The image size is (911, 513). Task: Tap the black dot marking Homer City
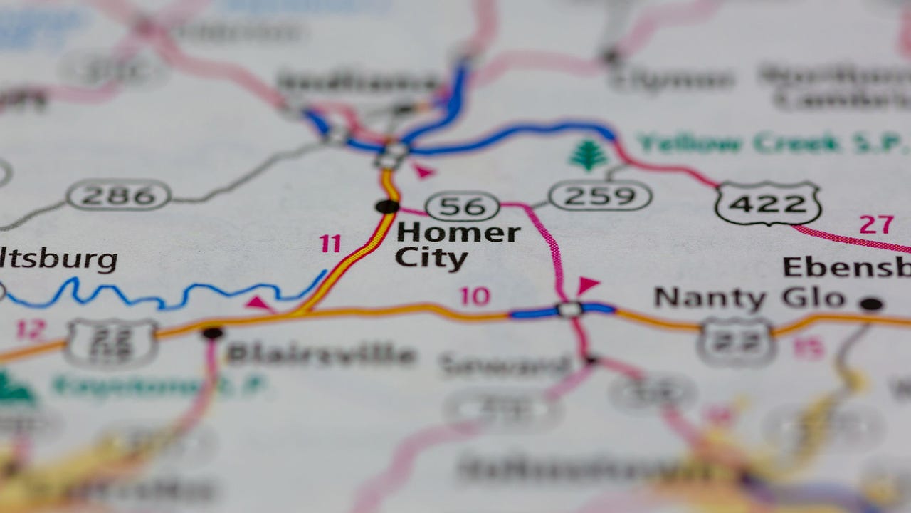387,207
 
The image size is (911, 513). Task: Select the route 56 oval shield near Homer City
463,207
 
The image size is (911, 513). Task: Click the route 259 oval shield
600,195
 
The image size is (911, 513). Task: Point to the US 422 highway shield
769,204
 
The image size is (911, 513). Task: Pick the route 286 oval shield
118,195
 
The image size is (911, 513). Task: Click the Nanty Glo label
749,298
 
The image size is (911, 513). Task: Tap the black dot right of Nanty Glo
870,304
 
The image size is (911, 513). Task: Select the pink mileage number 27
876,225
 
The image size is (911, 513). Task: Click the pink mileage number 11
330,244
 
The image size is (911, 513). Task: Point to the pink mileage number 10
475,296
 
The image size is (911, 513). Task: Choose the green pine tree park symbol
589,155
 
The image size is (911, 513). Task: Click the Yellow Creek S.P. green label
772,143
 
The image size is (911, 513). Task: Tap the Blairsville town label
320,354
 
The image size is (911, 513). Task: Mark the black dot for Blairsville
212,333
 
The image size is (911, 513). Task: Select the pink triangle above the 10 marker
587,285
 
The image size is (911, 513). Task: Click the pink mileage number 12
31,329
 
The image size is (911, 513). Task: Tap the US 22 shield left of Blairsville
112,342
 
